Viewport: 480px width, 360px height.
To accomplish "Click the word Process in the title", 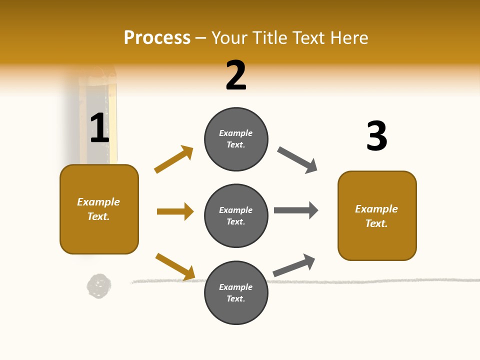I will point(157,38).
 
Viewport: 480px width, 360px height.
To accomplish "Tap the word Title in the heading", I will point(268,38).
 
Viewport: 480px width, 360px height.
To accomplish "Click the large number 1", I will point(99,128).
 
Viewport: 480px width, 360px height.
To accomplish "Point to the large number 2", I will point(236,75).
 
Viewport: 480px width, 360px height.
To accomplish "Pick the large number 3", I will point(376,136).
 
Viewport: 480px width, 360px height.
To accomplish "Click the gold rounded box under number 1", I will point(99,209).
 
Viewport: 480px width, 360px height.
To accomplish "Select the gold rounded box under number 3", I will point(377,216).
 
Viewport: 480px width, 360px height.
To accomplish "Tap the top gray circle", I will point(236,139).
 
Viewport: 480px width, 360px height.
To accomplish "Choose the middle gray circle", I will point(236,215).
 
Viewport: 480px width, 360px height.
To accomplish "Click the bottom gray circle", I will point(236,292).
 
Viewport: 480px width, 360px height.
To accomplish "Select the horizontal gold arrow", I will point(175,211).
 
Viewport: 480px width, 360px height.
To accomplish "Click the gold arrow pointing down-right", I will point(175,266).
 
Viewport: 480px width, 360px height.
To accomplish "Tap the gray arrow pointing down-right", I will point(297,160).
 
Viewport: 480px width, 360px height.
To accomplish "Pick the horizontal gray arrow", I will point(296,210).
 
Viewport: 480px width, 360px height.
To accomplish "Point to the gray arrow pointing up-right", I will point(294,265).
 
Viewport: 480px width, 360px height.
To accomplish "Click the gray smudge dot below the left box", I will point(99,286).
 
